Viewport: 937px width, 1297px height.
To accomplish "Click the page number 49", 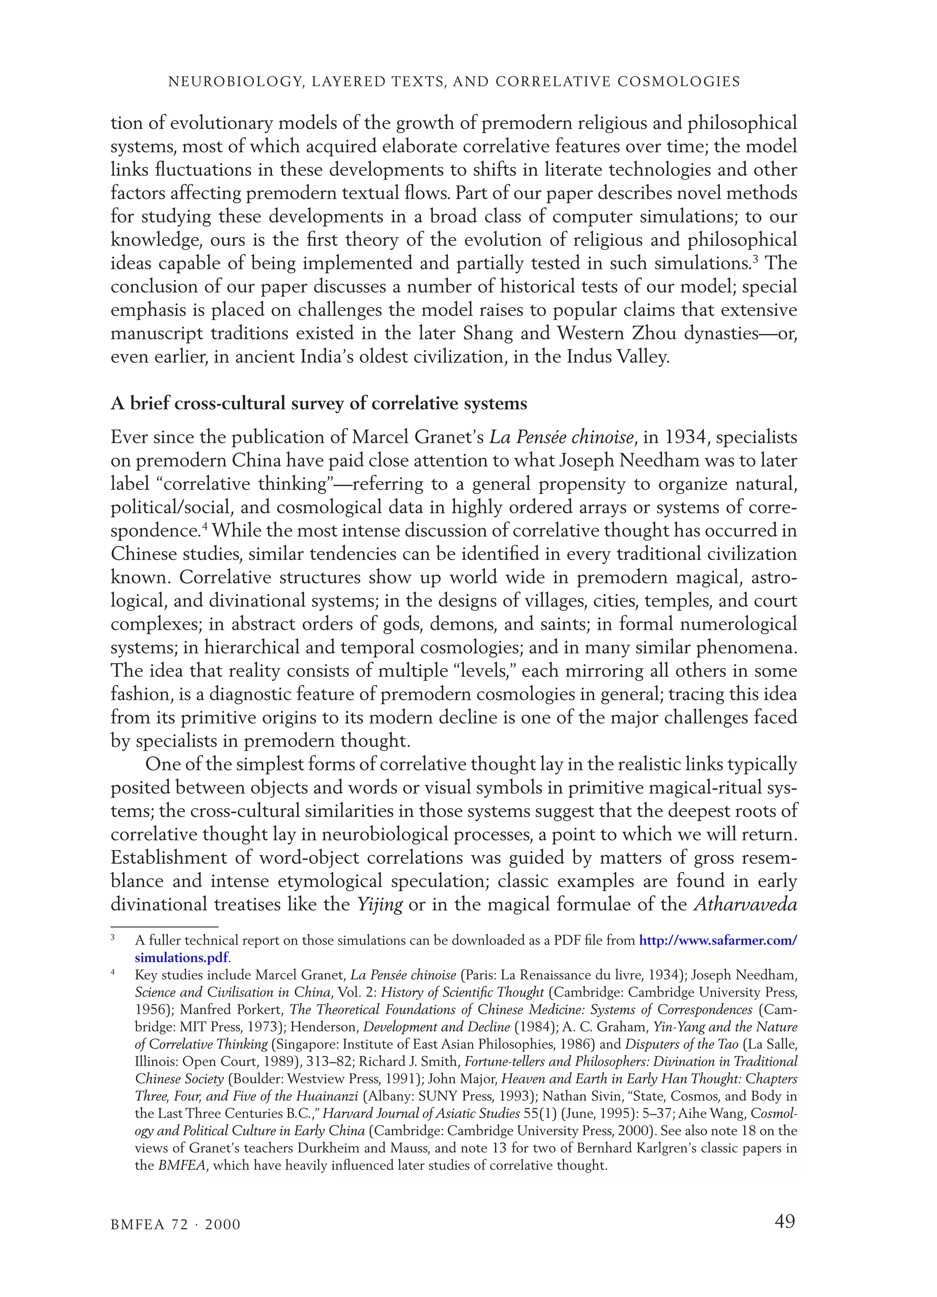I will click(x=784, y=1222).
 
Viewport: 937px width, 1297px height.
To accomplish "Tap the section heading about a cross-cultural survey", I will click(x=318, y=403).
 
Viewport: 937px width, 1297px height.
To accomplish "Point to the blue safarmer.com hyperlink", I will click(x=717, y=940).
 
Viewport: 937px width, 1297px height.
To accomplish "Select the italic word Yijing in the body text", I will click(x=380, y=904).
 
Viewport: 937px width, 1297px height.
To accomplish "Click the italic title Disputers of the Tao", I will click(x=681, y=1044).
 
